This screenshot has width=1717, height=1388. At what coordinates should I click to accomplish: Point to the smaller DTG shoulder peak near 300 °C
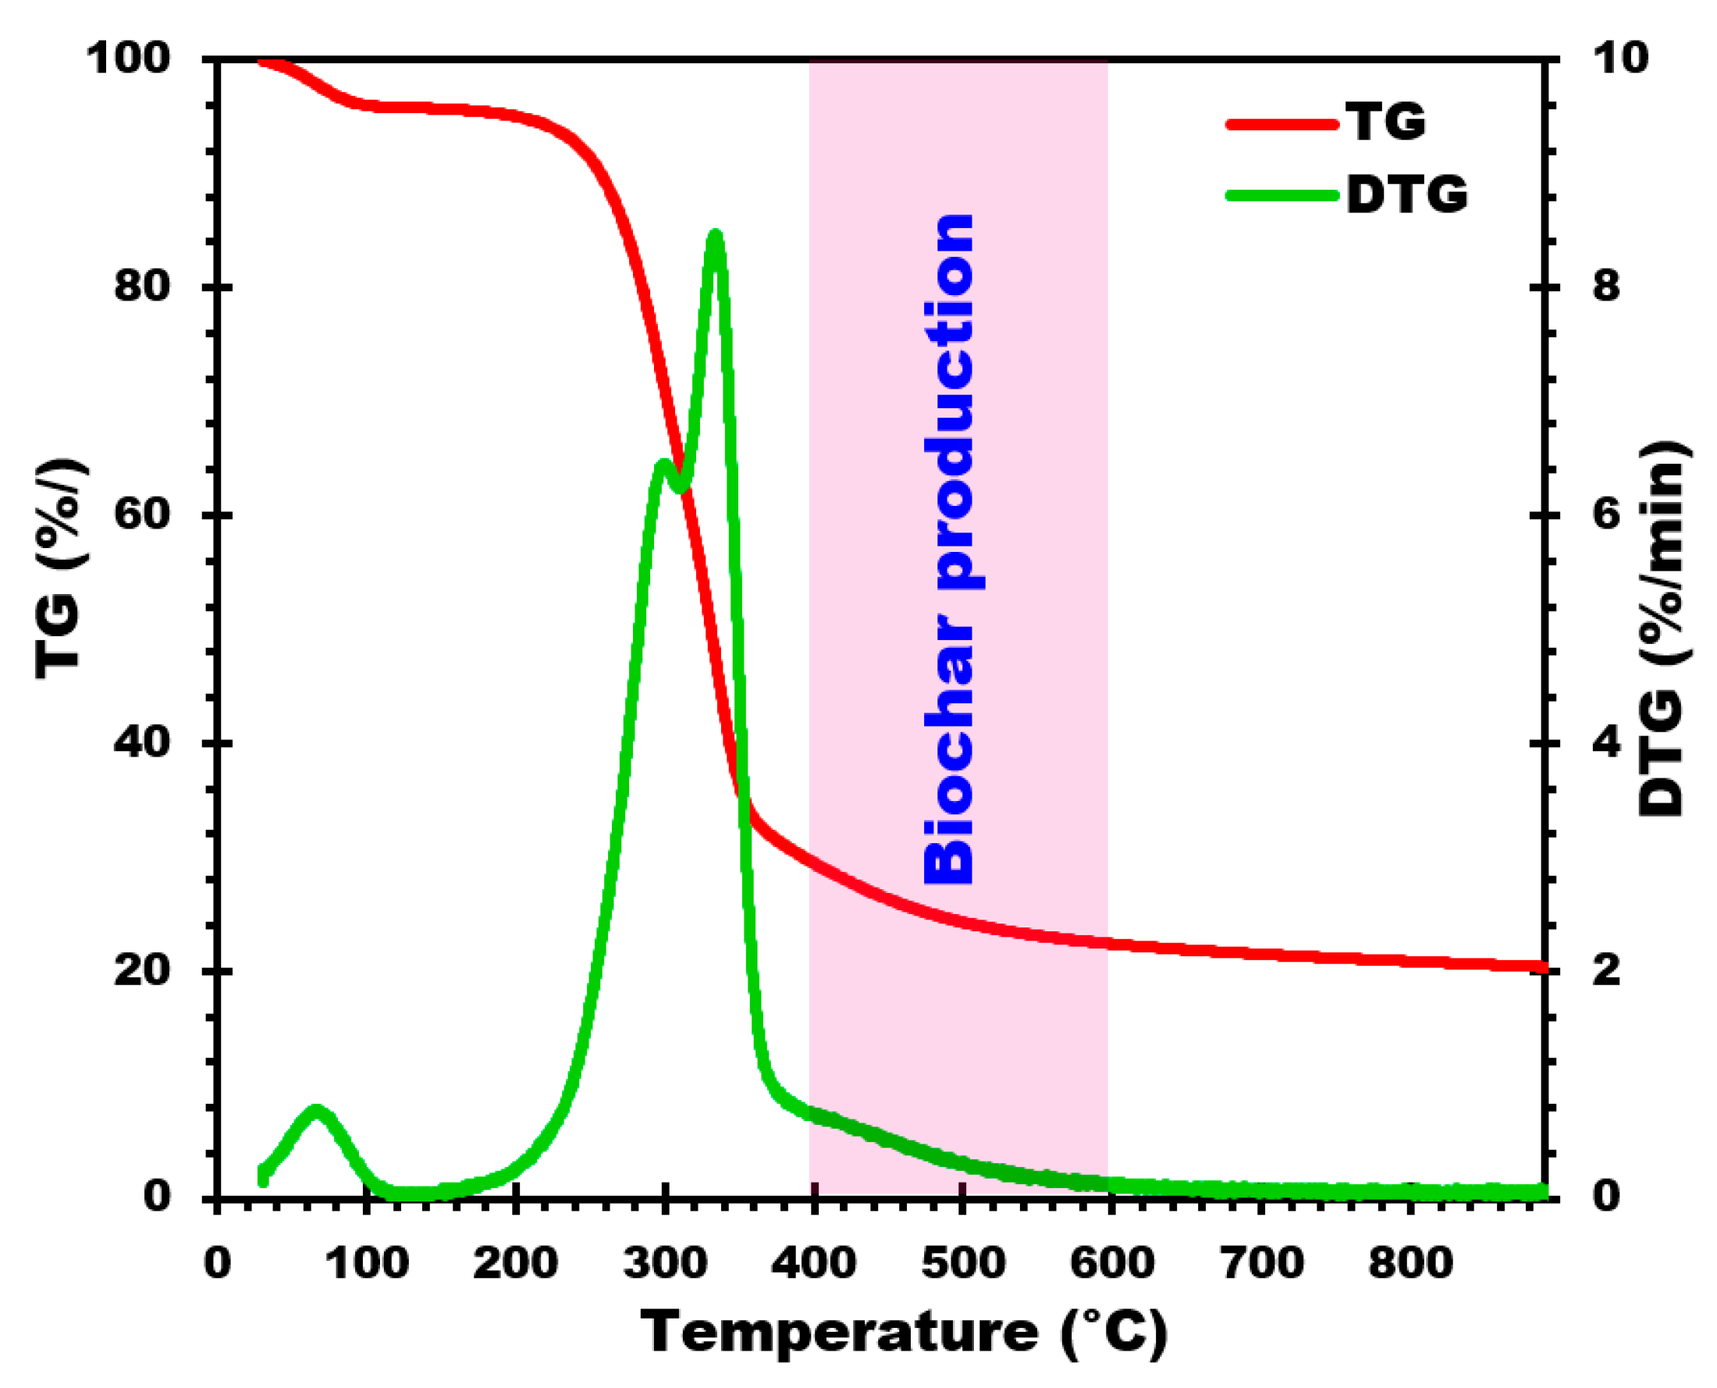pos(662,464)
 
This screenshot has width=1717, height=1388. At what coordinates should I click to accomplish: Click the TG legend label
pos(1386,123)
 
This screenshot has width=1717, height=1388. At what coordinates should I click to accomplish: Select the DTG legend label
pos(1406,194)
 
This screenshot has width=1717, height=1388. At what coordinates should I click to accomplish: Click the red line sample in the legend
pos(1282,124)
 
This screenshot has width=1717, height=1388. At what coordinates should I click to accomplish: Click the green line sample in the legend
pos(1282,195)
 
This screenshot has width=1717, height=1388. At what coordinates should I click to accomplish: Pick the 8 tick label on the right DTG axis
pos(1606,286)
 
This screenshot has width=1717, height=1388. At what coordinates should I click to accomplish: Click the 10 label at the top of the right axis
pos(1619,59)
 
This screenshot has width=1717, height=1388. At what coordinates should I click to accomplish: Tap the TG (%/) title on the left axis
pos(59,568)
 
